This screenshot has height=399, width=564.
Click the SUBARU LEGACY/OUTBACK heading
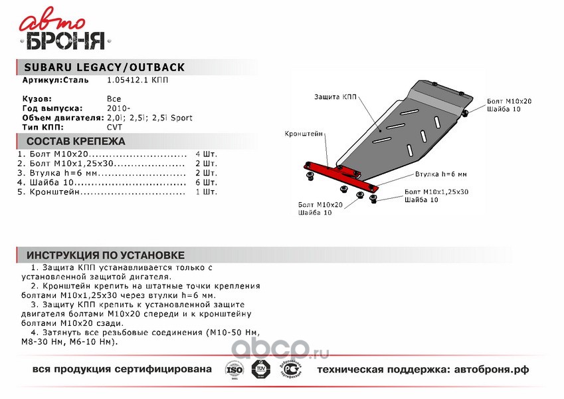104,68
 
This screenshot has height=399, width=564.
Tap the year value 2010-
118,108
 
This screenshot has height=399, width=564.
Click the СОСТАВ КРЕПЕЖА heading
75,142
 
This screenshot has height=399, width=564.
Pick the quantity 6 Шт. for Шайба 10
206,182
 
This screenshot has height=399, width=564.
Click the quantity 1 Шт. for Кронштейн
206,192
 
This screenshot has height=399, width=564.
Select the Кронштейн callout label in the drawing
304,134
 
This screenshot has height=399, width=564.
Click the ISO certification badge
234,369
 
